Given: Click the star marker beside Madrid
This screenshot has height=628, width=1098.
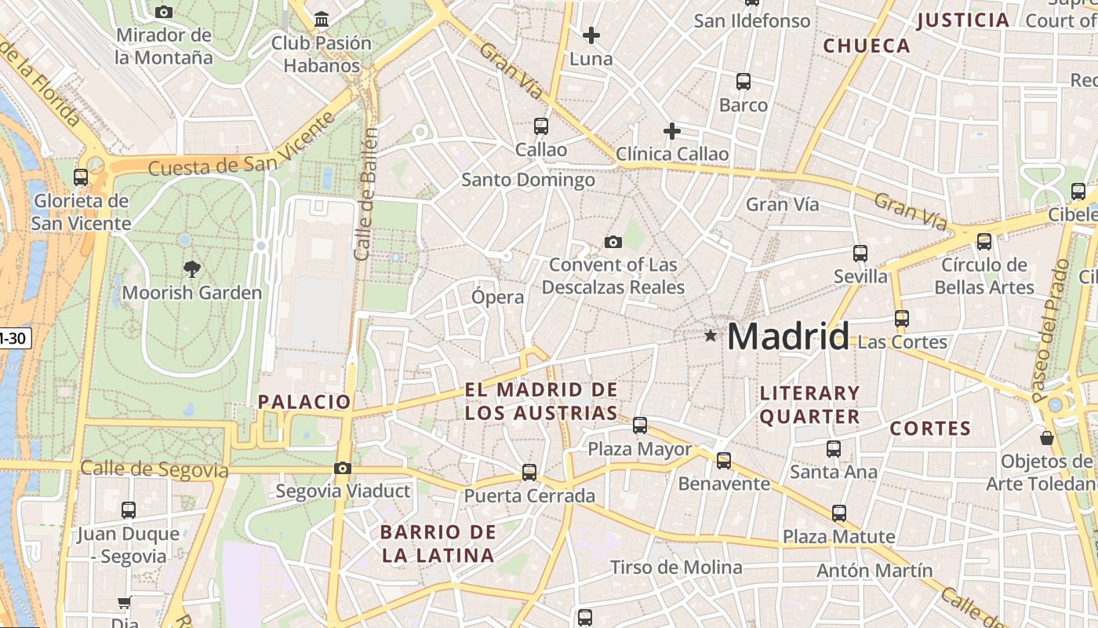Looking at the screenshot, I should coord(711,336).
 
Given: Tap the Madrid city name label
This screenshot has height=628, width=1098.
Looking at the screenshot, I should coord(788,337).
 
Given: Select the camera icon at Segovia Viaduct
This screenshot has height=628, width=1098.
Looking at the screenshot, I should coord(343,469).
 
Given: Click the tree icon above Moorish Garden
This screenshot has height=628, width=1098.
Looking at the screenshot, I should coord(191,270).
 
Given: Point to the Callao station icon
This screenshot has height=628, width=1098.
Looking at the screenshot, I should coord(540,126).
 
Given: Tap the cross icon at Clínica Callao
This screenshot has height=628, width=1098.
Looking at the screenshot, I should coord(671,131).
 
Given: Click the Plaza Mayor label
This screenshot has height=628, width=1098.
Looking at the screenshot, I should coord(640,449).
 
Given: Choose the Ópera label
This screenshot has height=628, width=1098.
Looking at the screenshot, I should coord(497,297).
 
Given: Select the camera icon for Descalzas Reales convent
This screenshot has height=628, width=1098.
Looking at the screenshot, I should coord(613,242).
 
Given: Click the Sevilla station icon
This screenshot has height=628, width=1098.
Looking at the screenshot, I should coord(860,254).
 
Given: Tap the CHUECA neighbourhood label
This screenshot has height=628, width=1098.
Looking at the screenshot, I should coord(867,46).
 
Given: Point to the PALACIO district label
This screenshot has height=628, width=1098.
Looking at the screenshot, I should coord(304,402).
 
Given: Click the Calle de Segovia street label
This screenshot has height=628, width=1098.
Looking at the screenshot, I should coord(155,469).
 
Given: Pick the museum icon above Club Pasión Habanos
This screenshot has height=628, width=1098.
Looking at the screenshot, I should coord(321,19).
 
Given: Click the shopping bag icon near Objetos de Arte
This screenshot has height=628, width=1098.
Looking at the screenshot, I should coord(1046,437).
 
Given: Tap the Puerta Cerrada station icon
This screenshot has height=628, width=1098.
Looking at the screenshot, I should coord(529,473).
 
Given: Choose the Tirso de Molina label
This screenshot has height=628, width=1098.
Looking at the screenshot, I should coord(676,567).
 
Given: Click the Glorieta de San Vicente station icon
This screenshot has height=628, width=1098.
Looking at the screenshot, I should coord(81,177).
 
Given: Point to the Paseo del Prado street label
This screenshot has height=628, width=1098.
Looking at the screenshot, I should coord(1051,330).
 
